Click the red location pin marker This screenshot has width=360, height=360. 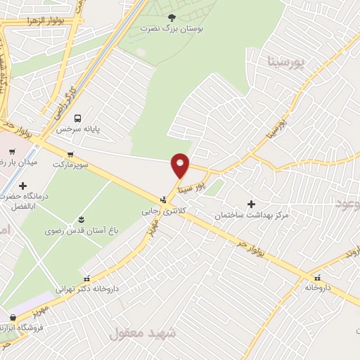[x=181, y=165]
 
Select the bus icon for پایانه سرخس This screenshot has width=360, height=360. [x=77, y=117]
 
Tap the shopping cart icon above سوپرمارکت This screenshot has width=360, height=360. [x=70, y=153]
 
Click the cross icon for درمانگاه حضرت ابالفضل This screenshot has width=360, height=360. [x=23, y=186]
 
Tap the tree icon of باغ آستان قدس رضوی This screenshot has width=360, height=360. [x=82, y=219]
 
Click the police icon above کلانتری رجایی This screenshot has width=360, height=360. [x=162, y=199]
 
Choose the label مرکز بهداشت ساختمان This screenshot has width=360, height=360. [x=252, y=214]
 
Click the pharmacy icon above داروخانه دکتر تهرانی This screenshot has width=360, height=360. [x=86, y=278]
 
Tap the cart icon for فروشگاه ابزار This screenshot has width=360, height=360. [x=12, y=317]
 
